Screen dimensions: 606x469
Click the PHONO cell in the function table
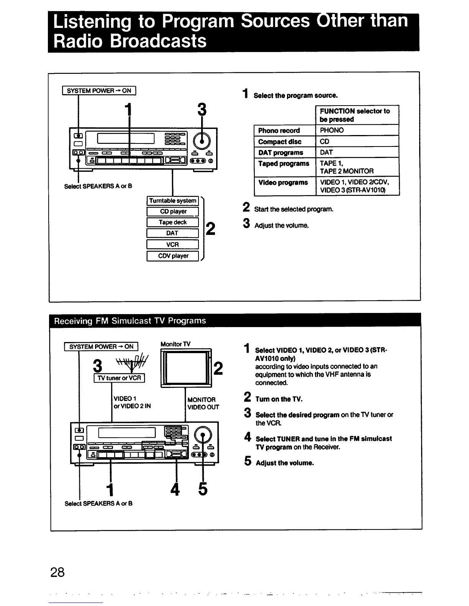(332, 130)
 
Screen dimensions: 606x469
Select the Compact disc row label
(280, 142)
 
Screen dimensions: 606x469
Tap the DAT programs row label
(280, 152)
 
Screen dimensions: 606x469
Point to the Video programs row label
(283, 182)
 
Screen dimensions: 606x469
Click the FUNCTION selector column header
(355, 115)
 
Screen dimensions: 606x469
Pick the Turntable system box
(173, 200)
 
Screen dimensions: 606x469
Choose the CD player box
(173, 212)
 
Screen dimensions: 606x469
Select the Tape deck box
(173, 222)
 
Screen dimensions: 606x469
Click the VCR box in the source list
(173, 244)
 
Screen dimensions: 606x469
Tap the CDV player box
(173, 256)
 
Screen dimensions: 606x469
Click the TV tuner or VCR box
(119, 378)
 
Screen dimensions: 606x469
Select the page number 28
(57, 572)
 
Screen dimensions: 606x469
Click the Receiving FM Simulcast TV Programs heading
(130, 321)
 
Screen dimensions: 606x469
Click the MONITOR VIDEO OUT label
(203, 403)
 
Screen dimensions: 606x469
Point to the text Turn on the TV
(279, 399)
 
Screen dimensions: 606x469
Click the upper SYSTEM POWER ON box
(99, 91)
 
